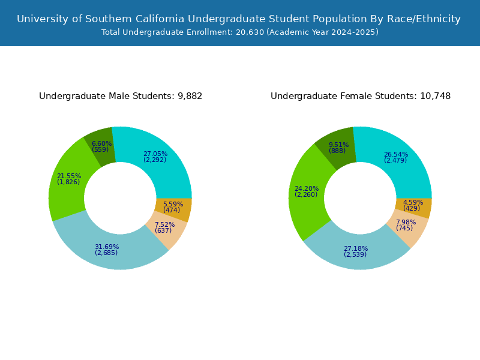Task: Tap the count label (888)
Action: click(337, 151)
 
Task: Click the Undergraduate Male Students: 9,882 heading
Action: click(121, 96)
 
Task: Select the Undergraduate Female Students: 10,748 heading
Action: click(361, 96)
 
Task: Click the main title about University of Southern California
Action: click(239, 19)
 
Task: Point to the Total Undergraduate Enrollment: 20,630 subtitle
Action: click(240, 32)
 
